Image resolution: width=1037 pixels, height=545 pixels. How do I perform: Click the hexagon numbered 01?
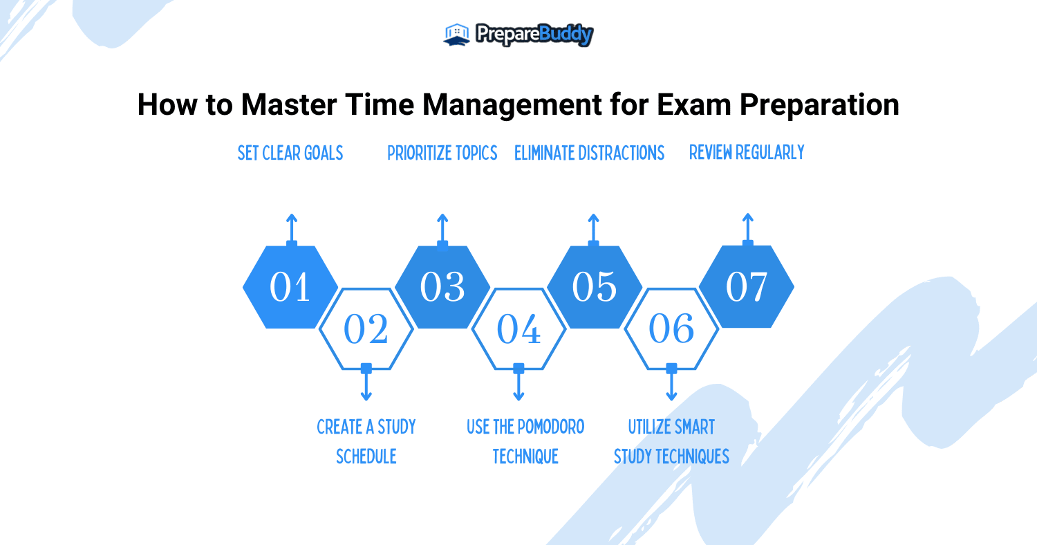[x=290, y=287]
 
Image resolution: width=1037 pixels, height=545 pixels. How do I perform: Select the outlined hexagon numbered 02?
[x=366, y=329]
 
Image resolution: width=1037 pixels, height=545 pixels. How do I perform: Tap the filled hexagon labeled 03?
[x=442, y=287]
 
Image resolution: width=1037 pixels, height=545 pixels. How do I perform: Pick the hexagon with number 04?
[x=518, y=329]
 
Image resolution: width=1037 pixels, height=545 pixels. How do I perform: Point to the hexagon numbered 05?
[x=595, y=287]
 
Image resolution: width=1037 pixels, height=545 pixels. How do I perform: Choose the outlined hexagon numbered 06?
[x=671, y=329]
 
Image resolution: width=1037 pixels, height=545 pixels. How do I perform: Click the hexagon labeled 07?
[x=747, y=287]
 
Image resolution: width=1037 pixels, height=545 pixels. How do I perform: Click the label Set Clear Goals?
[x=290, y=153]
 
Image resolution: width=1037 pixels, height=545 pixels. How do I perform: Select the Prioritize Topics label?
[x=442, y=153]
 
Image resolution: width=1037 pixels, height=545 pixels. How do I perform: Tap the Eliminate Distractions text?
[x=589, y=153]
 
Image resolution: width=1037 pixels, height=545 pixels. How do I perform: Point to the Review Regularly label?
[x=747, y=152]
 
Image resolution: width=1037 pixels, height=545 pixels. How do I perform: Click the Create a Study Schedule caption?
[x=366, y=441]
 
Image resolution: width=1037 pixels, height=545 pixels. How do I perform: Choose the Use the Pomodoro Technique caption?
[x=525, y=441]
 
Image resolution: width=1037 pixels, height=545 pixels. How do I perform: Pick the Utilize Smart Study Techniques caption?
[x=671, y=441]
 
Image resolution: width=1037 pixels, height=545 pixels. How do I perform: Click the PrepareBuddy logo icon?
[x=457, y=35]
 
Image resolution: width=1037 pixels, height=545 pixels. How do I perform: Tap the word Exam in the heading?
[x=695, y=105]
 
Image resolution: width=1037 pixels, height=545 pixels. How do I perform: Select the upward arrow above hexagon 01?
[x=292, y=227]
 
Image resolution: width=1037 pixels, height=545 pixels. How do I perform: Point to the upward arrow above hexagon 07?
[x=747, y=227]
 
